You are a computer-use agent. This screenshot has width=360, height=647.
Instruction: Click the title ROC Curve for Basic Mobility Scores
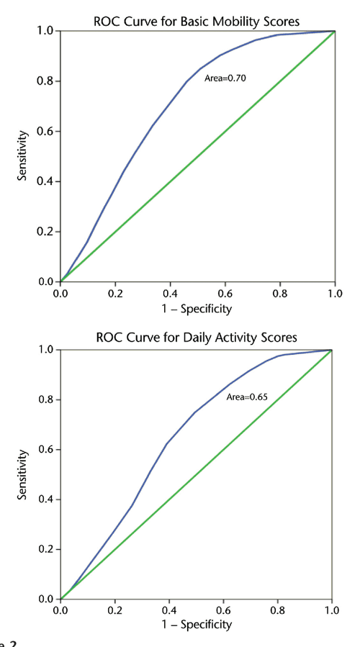click(x=197, y=20)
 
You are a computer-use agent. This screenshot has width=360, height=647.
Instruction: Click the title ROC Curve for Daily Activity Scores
click(x=197, y=338)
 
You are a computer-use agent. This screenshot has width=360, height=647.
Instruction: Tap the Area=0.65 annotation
click(x=248, y=397)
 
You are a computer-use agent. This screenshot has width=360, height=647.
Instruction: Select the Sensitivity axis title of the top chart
click(x=22, y=155)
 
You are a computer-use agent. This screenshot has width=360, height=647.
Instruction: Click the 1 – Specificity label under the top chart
click(x=197, y=309)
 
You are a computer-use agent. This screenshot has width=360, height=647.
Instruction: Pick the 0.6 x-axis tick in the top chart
click(x=225, y=294)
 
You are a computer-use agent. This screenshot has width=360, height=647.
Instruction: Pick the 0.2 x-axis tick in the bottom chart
click(x=114, y=610)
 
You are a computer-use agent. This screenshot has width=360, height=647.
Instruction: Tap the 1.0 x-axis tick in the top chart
click(x=335, y=294)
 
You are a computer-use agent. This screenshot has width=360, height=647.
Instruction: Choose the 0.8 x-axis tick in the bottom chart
click(x=278, y=610)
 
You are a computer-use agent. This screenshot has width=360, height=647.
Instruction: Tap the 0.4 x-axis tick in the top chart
click(x=170, y=294)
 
